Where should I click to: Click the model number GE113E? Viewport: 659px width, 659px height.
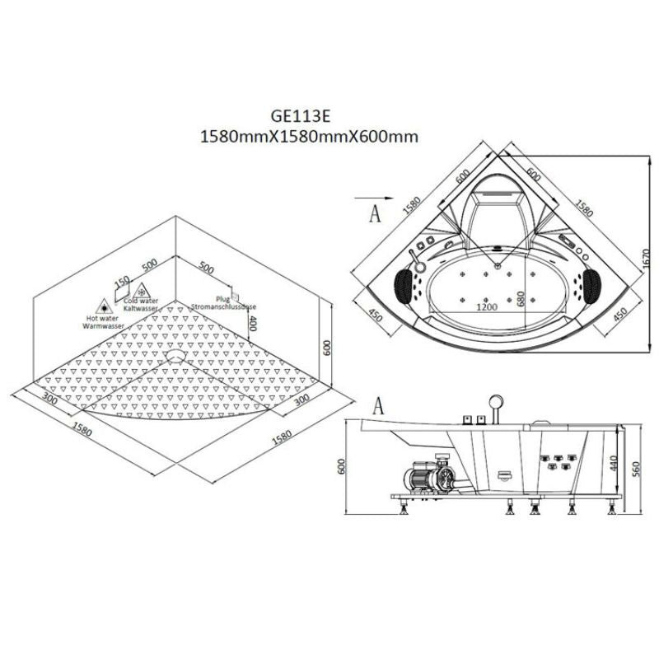point(306,119)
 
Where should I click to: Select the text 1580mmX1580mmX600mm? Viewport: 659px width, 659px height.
point(306,138)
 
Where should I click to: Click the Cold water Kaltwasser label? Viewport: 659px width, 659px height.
point(143,306)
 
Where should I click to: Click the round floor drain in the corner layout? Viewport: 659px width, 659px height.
point(175,357)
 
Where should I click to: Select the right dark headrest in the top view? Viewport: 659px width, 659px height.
point(594,283)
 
